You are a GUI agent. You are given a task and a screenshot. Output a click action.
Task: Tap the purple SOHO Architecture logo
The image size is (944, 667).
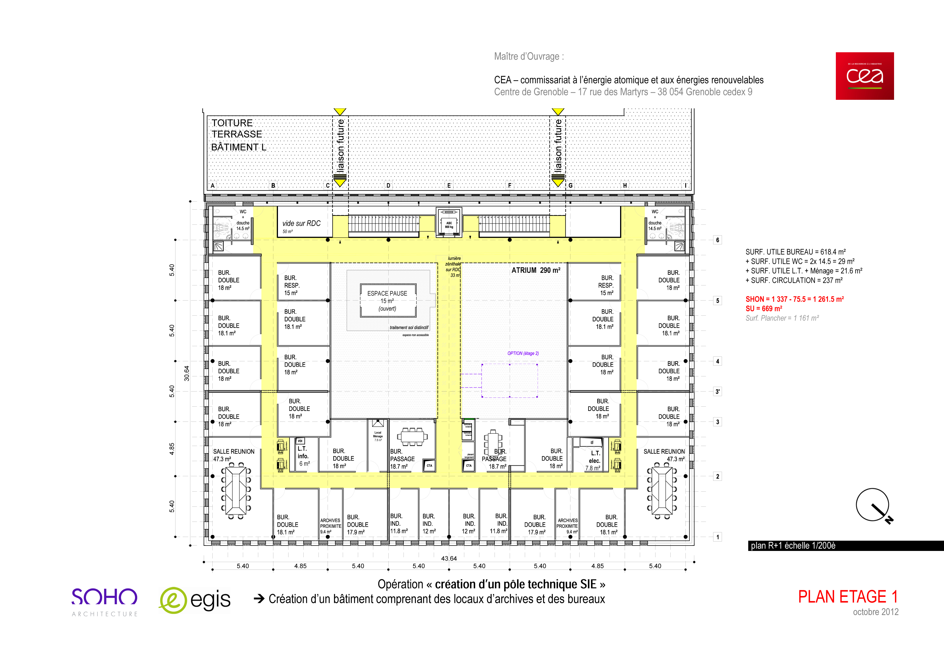coord(104,601)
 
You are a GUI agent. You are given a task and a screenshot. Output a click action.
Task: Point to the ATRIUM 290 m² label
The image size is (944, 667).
coord(535,270)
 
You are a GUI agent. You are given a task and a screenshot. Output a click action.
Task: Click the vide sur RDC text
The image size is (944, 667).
coord(301,224)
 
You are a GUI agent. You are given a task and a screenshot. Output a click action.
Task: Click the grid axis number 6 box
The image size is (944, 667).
coord(717,240)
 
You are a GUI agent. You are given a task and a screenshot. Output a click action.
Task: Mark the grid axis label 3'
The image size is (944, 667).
coord(717,392)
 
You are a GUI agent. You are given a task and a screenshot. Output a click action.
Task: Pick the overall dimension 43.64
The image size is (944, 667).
coord(449,558)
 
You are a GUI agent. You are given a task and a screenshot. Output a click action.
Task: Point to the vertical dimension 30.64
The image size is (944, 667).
coord(187,373)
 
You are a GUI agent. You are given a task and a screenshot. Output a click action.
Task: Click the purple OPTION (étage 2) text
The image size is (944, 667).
coord(523,353)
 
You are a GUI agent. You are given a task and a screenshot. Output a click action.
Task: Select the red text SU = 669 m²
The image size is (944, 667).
coord(764,309)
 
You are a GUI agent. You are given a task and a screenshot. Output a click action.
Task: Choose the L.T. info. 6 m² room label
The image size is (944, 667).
coord(303,456)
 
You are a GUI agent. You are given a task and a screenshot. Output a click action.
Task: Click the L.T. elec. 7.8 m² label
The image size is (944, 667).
coord(594,460)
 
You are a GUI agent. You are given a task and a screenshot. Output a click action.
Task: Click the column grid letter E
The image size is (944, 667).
coord(449,186)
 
